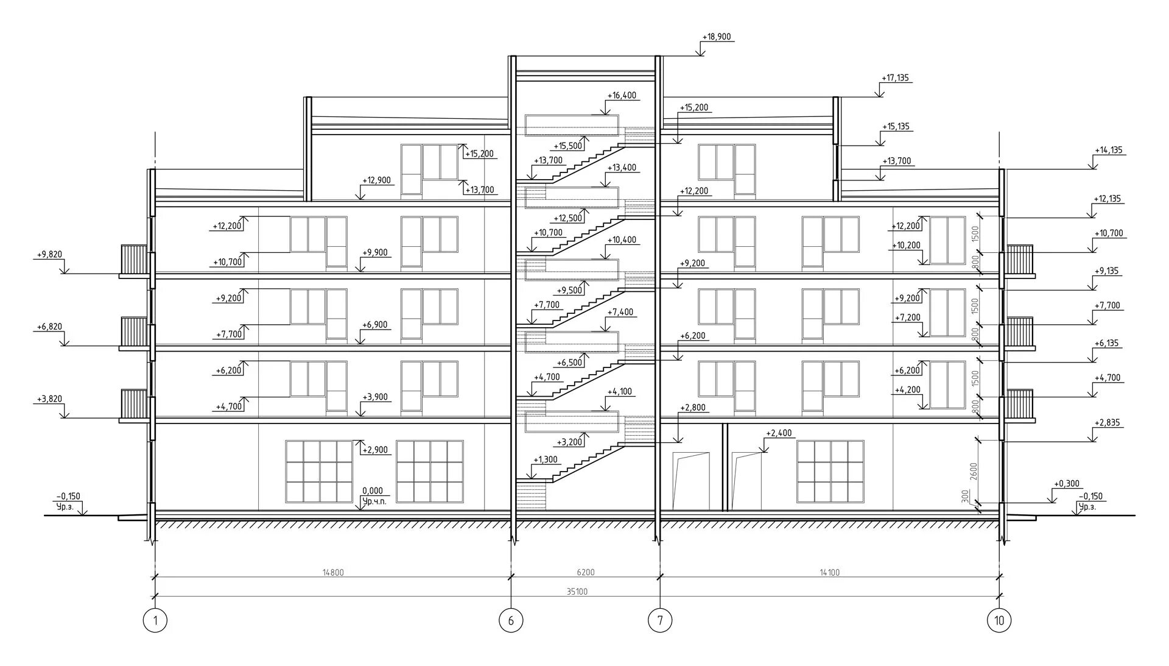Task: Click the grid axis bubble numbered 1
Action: pyautogui.click(x=155, y=621)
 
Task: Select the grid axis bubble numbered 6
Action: pyautogui.click(x=511, y=621)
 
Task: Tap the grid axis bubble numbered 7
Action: pyautogui.click(x=660, y=621)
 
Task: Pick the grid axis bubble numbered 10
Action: pyautogui.click(x=999, y=621)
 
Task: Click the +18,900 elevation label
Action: pyautogui.click(x=716, y=37)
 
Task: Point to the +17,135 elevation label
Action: pyautogui.click(x=895, y=78)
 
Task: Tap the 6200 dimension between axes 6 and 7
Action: pyautogui.click(x=585, y=572)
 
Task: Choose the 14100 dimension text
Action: pyautogui.click(x=829, y=572)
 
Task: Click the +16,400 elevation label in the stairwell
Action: pyautogui.click(x=622, y=96)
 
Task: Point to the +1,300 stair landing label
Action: pyautogui.click(x=546, y=459)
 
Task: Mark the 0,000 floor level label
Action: pyautogui.click(x=372, y=491)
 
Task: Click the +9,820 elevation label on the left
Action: pyautogui.click(x=49, y=254)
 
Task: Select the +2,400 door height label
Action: pyautogui.click(x=779, y=433)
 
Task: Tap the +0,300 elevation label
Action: pyautogui.click(x=1066, y=484)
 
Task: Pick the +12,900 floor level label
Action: pyautogui.click(x=376, y=180)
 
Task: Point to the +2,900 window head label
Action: pyautogui.click(x=374, y=450)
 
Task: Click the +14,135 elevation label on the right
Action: pyautogui.click(x=1108, y=150)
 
